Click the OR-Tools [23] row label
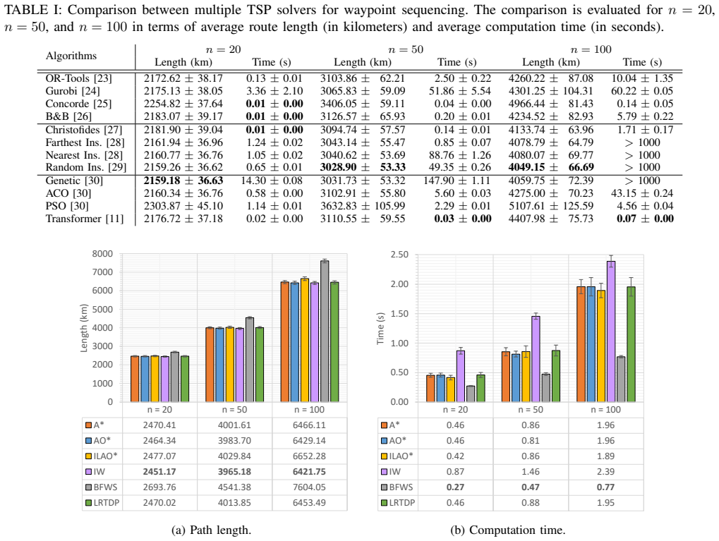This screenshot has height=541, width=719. click(78, 78)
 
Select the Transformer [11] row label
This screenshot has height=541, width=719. click(85, 219)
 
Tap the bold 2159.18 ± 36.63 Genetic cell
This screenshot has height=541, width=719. click(183, 181)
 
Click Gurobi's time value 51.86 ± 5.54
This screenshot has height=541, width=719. click(460, 91)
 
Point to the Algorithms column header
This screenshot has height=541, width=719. click(71, 56)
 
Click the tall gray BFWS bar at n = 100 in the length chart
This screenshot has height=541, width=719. click(325, 332)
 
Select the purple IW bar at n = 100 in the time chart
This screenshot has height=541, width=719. click(611, 332)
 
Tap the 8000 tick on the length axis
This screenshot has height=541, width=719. click(103, 253)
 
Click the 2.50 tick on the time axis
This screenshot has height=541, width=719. click(399, 255)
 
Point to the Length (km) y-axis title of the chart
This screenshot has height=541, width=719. click(83, 328)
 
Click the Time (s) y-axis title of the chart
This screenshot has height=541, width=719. click(380, 328)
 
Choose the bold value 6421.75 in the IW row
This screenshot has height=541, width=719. click(309, 472)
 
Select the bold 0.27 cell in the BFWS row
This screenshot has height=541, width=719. click(455, 487)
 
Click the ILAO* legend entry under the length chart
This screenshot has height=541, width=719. click(102, 456)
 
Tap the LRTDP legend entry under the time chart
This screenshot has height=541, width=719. click(398, 503)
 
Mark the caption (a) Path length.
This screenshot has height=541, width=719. click(211, 530)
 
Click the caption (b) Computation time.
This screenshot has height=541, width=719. click(508, 530)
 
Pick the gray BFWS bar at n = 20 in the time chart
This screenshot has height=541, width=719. click(471, 394)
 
